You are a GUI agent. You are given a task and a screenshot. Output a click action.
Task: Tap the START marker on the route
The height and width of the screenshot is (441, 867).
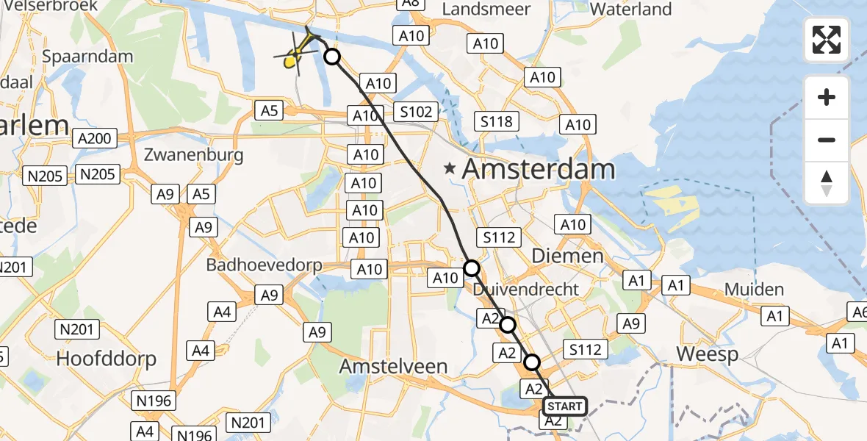point(565,406)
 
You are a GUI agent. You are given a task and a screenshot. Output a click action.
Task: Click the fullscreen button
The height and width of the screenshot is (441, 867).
point(827,40)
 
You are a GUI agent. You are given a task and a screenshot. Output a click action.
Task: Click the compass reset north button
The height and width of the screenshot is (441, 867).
point(827,183)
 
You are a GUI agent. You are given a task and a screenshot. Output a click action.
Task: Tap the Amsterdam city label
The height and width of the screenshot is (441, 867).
point(539,169)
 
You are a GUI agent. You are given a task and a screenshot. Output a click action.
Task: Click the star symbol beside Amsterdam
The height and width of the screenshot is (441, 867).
point(450,169)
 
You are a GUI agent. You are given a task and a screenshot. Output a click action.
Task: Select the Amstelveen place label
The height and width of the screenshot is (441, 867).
point(394,366)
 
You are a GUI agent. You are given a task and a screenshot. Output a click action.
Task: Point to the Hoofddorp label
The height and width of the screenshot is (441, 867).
point(107,359)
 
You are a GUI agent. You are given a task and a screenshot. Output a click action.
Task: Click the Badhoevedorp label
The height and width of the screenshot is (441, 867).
point(265,265)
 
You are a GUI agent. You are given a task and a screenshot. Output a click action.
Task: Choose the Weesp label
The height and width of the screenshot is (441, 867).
point(708,354)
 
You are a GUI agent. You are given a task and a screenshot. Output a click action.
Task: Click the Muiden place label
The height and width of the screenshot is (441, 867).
point(754,290)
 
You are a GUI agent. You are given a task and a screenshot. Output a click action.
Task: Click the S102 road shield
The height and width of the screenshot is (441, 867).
point(415,112)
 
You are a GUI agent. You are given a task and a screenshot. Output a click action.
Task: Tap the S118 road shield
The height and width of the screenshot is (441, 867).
point(497,121)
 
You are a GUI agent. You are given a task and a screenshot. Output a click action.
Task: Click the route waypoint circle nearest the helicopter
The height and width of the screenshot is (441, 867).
point(332,57)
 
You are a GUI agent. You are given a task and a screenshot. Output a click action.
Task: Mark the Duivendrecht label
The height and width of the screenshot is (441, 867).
point(526,289)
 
